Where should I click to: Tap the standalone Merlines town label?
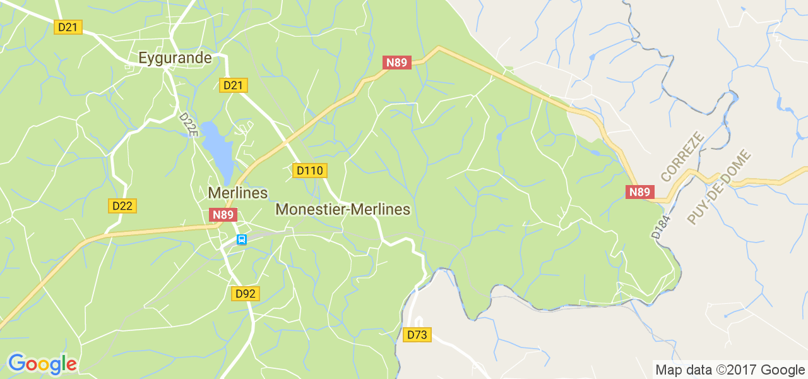(x=238, y=193)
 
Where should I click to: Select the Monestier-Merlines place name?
(x=343, y=209)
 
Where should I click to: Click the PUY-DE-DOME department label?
(x=718, y=187)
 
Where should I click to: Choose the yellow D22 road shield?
(x=123, y=206)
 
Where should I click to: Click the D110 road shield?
(x=310, y=171)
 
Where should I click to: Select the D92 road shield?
(x=246, y=294)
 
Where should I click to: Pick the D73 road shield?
(x=417, y=335)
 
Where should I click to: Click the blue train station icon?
(x=241, y=240)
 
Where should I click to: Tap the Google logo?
(x=42, y=364)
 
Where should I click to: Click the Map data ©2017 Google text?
(x=730, y=370)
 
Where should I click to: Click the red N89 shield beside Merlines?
(x=223, y=215)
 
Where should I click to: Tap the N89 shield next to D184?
(x=639, y=192)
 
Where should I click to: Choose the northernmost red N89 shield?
(x=397, y=63)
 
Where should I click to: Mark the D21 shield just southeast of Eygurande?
(x=234, y=85)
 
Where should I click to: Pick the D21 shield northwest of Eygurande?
(x=68, y=27)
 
